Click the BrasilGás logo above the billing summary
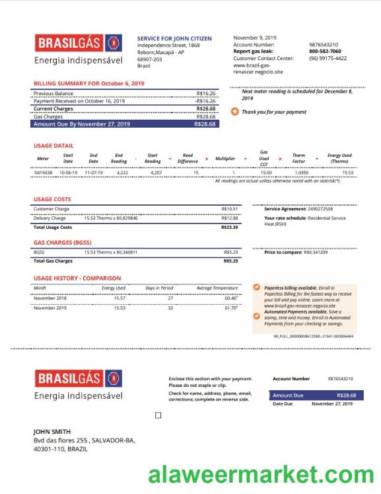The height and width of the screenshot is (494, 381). (79, 44)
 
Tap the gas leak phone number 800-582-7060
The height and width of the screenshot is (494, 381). (325, 52)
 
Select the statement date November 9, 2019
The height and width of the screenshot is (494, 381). (255, 38)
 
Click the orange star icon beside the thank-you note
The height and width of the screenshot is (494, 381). (235, 112)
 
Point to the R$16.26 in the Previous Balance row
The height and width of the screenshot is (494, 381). (206, 94)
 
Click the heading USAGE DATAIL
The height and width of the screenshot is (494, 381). (53, 145)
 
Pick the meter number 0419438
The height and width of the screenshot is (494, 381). (43, 173)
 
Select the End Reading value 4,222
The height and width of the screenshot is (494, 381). (122, 173)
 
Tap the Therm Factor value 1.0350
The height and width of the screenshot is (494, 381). (301, 173)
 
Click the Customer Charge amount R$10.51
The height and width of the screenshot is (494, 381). (229, 209)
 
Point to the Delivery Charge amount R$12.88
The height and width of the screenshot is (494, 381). (229, 218)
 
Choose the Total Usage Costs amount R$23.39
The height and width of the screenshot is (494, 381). (229, 227)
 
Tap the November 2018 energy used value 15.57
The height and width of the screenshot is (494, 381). (120, 298)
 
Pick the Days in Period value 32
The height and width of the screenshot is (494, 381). (170, 308)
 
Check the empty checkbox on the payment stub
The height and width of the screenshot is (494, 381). (158, 415)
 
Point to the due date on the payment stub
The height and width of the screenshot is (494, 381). (332, 403)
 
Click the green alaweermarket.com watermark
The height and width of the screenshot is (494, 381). (261, 475)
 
